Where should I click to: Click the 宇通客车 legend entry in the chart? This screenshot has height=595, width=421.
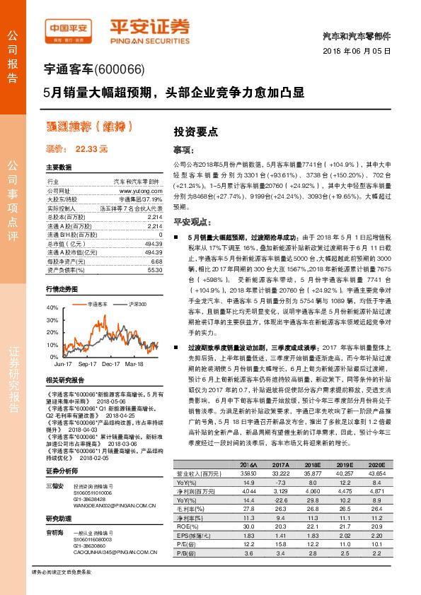click(x=97, y=303)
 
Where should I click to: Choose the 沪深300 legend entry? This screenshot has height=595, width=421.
click(x=137, y=303)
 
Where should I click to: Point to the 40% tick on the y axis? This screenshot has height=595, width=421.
click(x=52, y=308)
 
